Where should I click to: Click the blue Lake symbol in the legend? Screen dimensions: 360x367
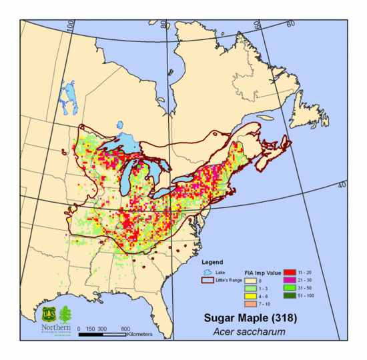208,272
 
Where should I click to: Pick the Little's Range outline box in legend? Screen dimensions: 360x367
208,281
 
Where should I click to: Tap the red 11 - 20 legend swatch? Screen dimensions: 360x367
290,273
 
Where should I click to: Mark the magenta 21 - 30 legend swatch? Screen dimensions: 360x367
290,281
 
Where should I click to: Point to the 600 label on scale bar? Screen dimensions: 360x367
125,329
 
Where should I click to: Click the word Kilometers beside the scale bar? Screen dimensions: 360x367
141,334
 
